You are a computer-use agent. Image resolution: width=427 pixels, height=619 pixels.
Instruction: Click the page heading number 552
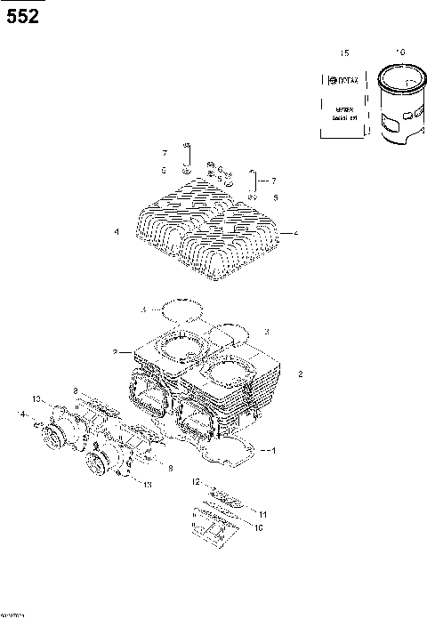point(22,15)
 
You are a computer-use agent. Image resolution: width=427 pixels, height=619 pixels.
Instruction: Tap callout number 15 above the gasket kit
point(345,54)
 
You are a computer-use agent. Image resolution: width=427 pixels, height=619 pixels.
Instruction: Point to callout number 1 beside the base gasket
point(273,450)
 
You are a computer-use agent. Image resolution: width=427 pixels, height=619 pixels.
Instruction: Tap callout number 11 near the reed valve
point(262,514)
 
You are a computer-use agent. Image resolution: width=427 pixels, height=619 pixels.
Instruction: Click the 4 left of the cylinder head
point(117,232)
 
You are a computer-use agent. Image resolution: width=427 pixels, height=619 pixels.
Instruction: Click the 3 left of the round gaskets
point(142,309)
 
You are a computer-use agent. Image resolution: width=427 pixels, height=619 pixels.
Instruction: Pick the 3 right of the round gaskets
point(266,331)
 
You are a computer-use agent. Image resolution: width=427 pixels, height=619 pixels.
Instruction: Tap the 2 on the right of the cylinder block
point(301,374)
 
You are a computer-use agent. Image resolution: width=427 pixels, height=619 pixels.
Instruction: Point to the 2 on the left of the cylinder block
point(116,353)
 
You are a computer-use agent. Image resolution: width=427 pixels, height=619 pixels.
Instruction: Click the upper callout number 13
point(36,397)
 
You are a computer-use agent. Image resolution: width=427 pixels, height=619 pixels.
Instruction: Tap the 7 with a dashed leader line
point(274,180)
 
